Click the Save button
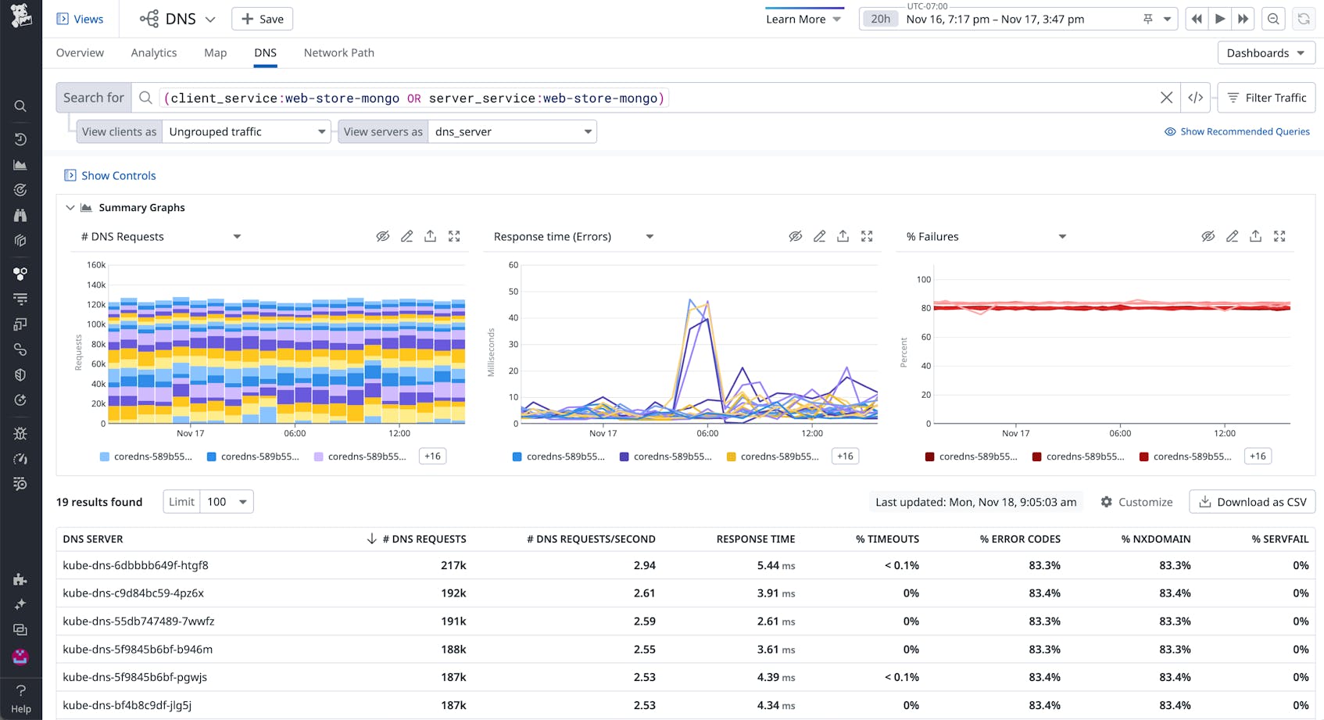[262, 19]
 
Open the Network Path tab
[338, 52]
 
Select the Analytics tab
[153, 52]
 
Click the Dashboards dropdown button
[1265, 52]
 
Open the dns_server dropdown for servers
[512, 131]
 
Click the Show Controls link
[118, 175]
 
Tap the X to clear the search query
[1166, 98]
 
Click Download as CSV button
[1252, 502]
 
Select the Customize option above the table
[1136, 502]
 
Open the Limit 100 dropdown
[227, 502]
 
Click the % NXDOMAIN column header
[1155, 539]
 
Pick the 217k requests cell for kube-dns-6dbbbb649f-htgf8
[453, 565]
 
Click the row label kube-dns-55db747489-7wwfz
[138, 621]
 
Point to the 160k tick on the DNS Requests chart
[95, 265]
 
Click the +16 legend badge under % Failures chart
[1257, 456]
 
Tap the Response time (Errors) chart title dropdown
[574, 236]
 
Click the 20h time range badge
[880, 19]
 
